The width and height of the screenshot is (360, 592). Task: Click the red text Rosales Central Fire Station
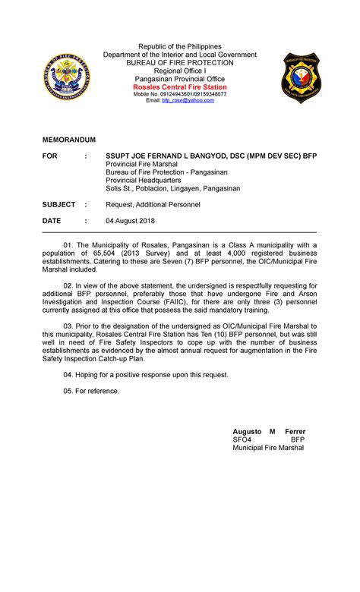click(x=180, y=87)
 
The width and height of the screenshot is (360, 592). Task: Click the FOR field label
click(x=49, y=156)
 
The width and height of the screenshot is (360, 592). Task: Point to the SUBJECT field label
click(x=59, y=205)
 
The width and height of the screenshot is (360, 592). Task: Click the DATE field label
click(x=52, y=221)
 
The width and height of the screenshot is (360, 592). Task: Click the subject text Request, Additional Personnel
click(x=152, y=205)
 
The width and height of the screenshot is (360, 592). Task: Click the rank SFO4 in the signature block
click(x=242, y=439)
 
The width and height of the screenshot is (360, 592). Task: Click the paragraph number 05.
click(x=69, y=390)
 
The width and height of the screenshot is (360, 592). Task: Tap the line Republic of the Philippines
click(x=180, y=46)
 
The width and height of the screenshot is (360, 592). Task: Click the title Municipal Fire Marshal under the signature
click(x=267, y=448)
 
